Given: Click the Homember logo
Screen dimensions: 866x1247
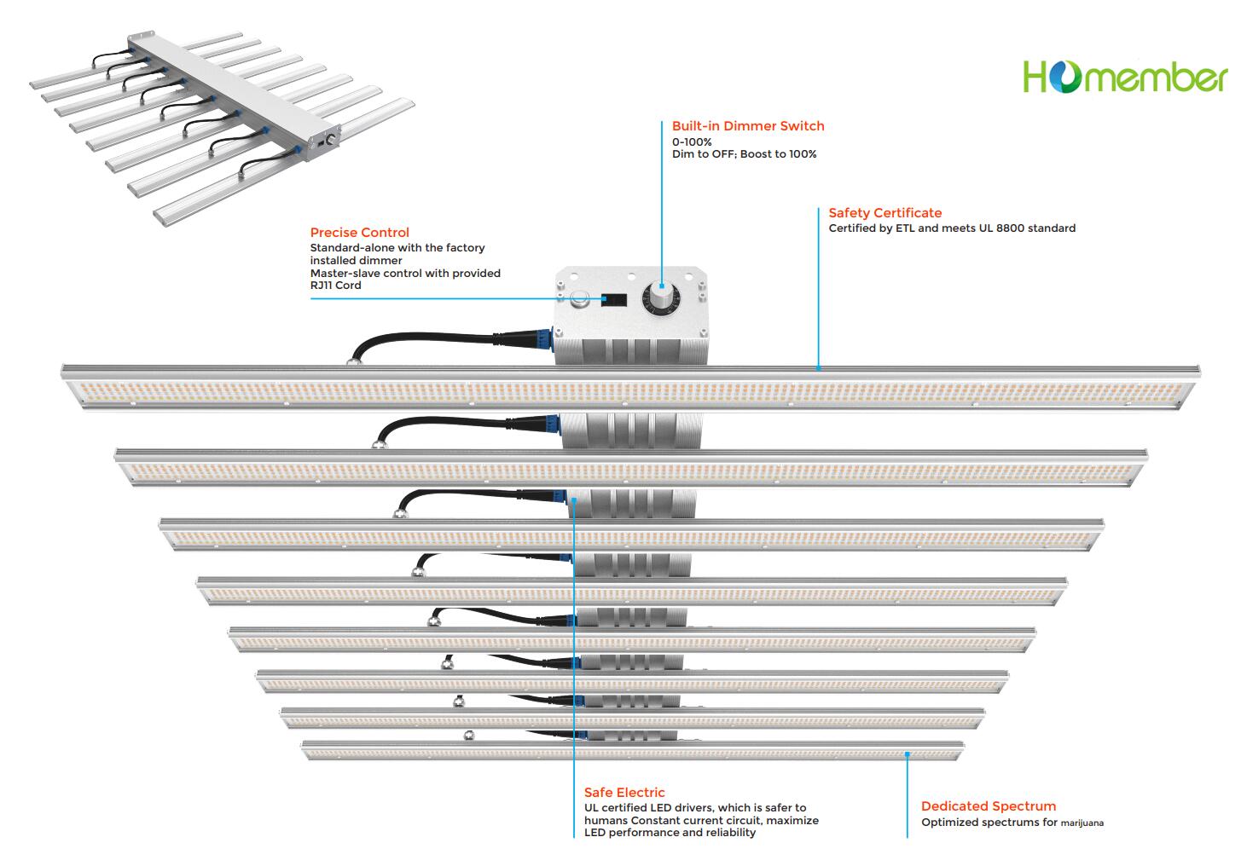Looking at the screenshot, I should (x=1124, y=77).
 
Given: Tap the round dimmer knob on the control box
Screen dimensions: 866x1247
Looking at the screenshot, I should (x=659, y=297).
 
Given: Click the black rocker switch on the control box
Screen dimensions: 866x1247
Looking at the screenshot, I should (x=614, y=301).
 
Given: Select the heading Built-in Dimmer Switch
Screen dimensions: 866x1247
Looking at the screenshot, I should (x=748, y=126).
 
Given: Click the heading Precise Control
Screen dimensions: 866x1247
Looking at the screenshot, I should (x=359, y=233).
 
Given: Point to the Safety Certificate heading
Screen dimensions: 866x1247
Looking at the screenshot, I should (x=884, y=213).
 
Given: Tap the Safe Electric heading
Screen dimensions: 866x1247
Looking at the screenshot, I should (x=624, y=793).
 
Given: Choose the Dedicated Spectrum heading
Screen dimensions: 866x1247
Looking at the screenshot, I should (x=988, y=806).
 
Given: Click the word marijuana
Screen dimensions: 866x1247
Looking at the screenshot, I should (x=1082, y=823).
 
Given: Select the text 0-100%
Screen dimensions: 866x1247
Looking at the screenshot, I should (x=692, y=142).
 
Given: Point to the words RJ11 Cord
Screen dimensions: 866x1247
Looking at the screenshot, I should (x=335, y=286).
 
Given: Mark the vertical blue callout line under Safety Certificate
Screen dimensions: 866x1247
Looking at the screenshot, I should (x=818, y=290).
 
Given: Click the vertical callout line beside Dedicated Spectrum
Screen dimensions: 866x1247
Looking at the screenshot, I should (x=907, y=797).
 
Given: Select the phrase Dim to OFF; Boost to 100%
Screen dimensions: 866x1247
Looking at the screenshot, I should (x=744, y=154).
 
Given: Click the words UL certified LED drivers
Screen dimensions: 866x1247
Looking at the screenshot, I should (x=648, y=808).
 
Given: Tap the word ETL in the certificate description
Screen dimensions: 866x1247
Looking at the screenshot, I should (x=905, y=228).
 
